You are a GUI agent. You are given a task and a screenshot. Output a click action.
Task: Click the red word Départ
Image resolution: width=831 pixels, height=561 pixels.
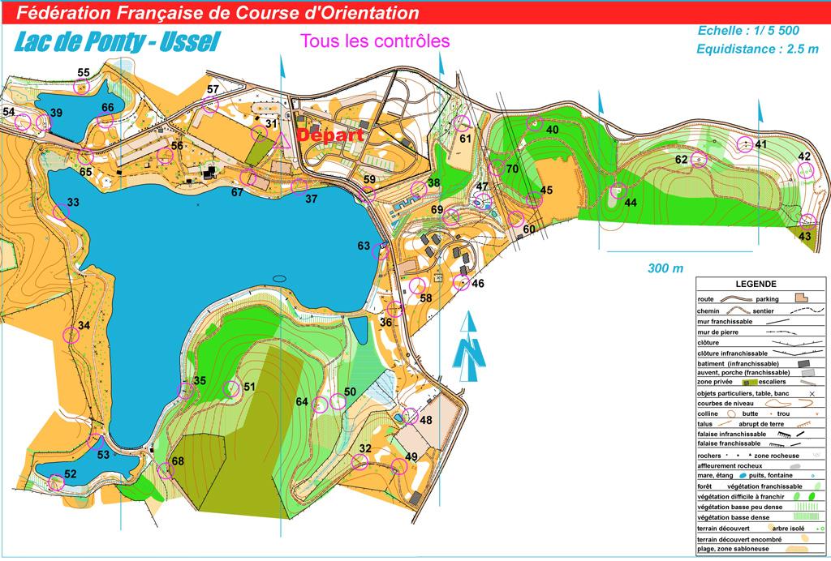(x=329, y=136)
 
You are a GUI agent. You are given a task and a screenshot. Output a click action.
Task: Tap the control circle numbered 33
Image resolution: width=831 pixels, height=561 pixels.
(x=61, y=212)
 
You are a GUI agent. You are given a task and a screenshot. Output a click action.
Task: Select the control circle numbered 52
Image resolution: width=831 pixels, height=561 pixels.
(x=55, y=482)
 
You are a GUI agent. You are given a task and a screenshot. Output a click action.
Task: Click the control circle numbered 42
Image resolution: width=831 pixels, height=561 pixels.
(x=805, y=170)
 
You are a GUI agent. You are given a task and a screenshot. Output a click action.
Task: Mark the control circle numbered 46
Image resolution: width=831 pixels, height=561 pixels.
(x=460, y=283)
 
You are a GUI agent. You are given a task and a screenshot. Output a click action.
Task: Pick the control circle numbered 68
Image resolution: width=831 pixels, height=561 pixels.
(x=166, y=469)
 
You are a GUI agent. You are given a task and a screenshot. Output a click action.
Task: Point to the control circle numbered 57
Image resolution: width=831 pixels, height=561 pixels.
(x=210, y=103)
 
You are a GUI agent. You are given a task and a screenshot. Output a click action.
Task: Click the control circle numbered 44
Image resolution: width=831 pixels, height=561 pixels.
(x=618, y=192)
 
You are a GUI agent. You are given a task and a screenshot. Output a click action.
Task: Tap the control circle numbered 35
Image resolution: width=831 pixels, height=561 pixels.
(x=187, y=391)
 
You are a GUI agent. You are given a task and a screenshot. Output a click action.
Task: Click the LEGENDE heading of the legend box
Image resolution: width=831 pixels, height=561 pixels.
(x=756, y=284)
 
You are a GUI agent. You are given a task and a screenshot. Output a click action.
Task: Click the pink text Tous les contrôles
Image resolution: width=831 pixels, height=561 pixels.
(x=374, y=40)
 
